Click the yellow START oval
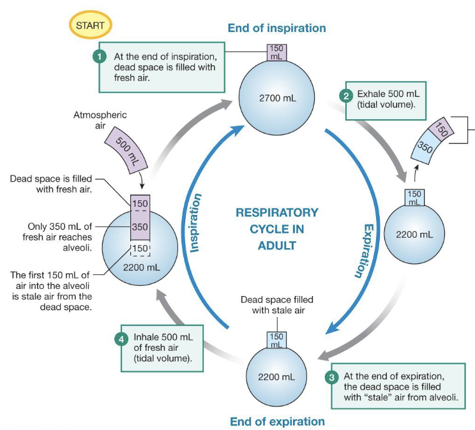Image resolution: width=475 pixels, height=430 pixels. (x=90, y=26)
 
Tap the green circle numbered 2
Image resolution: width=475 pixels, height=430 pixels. (x=345, y=96)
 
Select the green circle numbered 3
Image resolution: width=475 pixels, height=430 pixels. (x=331, y=377)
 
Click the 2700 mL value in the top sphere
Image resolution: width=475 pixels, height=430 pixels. (x=276, y=99)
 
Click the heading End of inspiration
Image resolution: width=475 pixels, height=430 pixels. (x=276, y=28)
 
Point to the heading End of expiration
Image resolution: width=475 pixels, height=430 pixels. (x=276, y=421)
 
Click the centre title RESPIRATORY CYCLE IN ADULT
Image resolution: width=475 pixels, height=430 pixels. (x=276, y=228)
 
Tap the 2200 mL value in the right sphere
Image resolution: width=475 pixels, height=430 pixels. (x=414, y=234)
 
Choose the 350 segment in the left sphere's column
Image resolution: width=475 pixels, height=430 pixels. (x=140, y=226)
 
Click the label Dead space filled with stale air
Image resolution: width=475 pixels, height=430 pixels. (x=276, y=304)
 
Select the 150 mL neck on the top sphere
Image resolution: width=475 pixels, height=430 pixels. (x=276, y=52)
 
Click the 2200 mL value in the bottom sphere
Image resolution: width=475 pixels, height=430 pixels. (x=276, y=376)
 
